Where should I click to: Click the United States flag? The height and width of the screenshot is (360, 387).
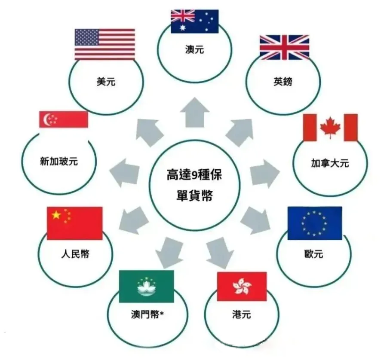tap(104, 44)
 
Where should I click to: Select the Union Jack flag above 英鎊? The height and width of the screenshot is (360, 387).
tap(284, 47)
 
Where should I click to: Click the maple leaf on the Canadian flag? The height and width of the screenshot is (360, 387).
tap(330, 127)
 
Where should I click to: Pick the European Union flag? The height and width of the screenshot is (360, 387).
tap(314, 223)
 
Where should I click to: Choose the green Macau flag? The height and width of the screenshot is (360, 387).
tap(146, 286)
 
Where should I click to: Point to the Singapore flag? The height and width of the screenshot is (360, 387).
tap(64, 119)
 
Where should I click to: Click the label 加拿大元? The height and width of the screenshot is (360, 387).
tap(330, 163)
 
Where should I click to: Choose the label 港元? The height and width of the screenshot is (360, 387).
tap(241, 316)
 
